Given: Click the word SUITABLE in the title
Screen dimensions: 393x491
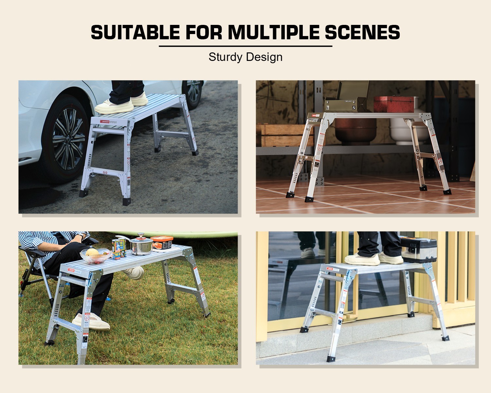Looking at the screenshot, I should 135,32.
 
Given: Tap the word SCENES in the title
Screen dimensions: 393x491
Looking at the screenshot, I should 362,32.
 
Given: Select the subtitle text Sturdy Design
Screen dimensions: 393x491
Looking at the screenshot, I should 245,57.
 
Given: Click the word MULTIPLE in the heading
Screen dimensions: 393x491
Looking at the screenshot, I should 273,32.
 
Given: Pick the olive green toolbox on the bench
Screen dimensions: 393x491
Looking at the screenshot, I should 348,98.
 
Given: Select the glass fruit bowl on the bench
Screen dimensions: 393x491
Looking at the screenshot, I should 95,255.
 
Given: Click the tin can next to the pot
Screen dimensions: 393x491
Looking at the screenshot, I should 118,249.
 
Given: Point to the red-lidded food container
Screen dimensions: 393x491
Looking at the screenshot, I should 162,242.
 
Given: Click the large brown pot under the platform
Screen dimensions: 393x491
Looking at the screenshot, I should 355,131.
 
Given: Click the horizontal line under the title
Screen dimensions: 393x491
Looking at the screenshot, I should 245,46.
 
